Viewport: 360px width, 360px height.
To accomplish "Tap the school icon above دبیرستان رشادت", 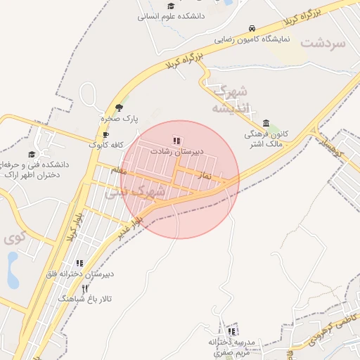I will coord(176,141).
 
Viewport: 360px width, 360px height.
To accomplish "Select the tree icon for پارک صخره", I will coord(119,108).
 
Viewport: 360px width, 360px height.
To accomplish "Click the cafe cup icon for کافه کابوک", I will coord(105,135).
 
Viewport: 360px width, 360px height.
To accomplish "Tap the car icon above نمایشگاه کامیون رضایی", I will coord(252,29).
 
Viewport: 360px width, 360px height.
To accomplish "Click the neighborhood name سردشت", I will coord(323,43).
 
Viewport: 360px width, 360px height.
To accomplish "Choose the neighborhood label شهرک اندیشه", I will coord(231,99).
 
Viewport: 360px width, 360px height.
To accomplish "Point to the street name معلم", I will coord(118,170).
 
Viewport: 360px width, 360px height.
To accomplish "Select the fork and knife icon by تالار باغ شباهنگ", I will coord(85,288).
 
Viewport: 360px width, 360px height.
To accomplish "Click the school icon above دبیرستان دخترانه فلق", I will coord(79,263).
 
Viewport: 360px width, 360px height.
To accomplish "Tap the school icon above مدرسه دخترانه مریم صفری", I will coord(231,331).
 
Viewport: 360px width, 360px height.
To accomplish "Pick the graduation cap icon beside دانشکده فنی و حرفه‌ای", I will coord(31,155).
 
